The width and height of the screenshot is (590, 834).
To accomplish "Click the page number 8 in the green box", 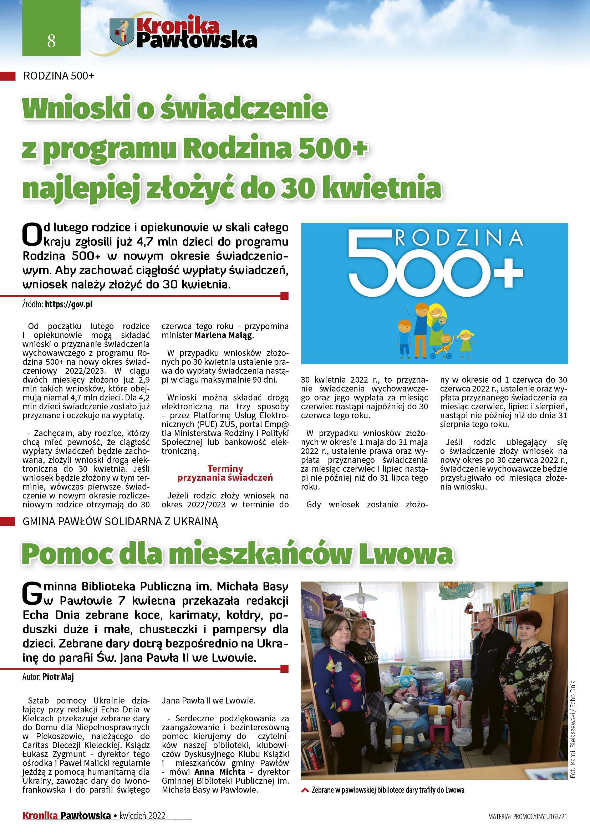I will point(51,41).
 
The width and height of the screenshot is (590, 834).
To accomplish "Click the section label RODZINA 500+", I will point(59,76).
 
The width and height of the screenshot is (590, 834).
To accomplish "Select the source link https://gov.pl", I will point(68,304).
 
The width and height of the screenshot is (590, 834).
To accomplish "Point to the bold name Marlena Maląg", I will point(223,335).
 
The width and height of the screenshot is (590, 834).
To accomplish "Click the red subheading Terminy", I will point(225,468).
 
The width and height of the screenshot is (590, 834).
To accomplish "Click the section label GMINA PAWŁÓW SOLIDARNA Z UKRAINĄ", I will point(120,521).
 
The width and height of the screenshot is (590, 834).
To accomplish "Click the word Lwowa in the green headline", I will point(406,554).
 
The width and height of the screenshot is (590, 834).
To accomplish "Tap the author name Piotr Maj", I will point(58,677).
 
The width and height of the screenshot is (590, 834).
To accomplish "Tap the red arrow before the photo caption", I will point(305,790).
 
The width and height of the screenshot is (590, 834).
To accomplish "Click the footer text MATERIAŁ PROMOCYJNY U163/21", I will point(527,817).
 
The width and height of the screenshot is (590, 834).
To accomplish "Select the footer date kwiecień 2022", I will point(142,815).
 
